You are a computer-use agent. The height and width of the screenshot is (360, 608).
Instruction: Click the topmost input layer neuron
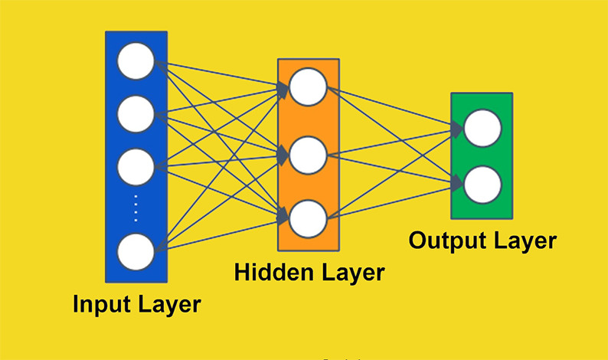tap(136, 61)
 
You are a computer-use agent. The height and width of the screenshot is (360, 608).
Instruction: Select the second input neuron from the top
tap(136, 113)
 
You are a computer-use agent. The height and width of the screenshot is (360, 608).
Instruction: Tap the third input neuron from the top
tap(136, 166)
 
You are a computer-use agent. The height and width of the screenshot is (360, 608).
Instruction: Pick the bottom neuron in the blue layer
tap(136, 250)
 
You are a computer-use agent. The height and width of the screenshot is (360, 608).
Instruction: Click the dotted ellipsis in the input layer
tap(136, 207)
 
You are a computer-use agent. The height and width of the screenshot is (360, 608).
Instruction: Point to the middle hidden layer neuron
tap(309, 153)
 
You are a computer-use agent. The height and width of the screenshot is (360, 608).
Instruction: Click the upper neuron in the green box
tap(482, 128)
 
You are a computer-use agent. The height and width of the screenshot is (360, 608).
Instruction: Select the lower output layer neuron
tap(482, 185)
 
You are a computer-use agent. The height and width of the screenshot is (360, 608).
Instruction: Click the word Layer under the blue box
tap(166, 304)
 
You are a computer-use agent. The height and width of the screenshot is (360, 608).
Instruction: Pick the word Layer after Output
tap(523, 241)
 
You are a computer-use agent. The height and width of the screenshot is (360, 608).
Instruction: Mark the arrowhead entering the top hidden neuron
tap(283, 90)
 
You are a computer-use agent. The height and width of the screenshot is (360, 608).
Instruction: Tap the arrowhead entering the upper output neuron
tap(457, 130)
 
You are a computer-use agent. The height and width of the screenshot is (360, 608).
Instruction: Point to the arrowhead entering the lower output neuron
tap(457, 183)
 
